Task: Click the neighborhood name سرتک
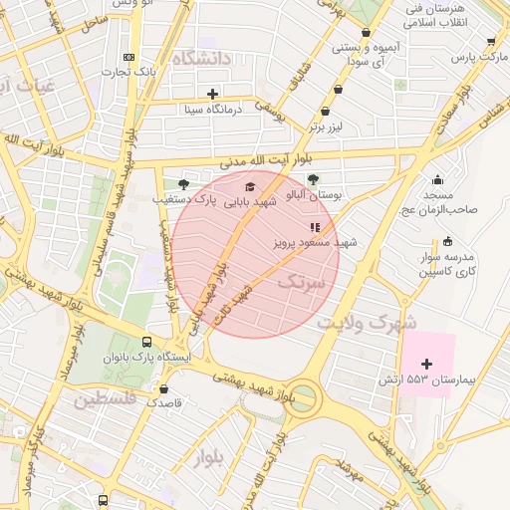point(302,283)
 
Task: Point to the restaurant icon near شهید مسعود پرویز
point(315,227)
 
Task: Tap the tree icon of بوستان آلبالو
point(313,180)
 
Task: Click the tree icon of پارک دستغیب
point(183,184)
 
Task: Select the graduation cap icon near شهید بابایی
point(249,186)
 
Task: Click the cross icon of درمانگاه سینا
point(212,94)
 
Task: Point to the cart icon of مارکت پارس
point(491,43)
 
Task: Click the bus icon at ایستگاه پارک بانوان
point(148,339)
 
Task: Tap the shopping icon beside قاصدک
point(163,388)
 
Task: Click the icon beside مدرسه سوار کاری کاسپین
point(446,240)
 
